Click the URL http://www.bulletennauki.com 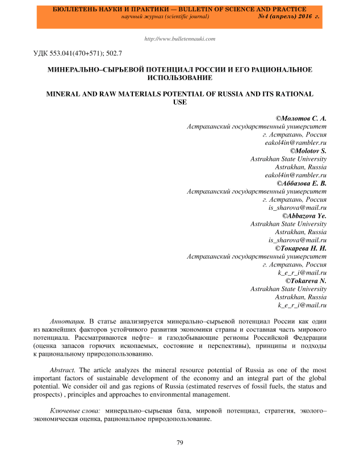(x=180, y=39)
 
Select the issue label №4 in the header (x=265, y=17)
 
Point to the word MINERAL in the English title (x=66, y=92)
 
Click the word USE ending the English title (x=179, y=101)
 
